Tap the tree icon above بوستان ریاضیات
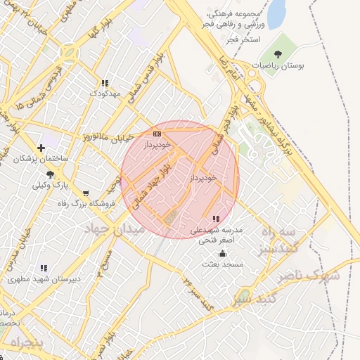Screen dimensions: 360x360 [278, 53]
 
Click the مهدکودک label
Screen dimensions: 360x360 [105, 94]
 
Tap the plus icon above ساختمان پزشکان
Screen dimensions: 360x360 [41, 148]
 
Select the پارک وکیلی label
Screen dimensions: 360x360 [47, 186]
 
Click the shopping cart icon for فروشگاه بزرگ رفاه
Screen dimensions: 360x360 [86, 193]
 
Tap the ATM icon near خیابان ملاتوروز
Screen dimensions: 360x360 [157, 134]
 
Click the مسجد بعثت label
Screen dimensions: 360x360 [222, 264]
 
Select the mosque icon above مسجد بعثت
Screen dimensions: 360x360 [223, 254]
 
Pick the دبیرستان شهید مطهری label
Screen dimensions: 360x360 [44, 279]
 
